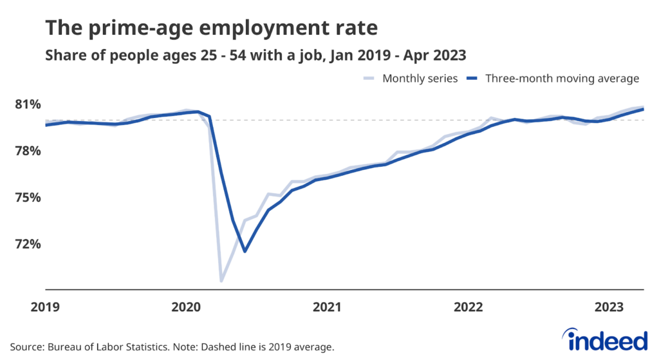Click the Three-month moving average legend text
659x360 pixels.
click(x=561, y=79)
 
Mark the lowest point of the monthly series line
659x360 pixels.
click(x=221, y=281)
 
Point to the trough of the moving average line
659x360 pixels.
click(x=245, y=251)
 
